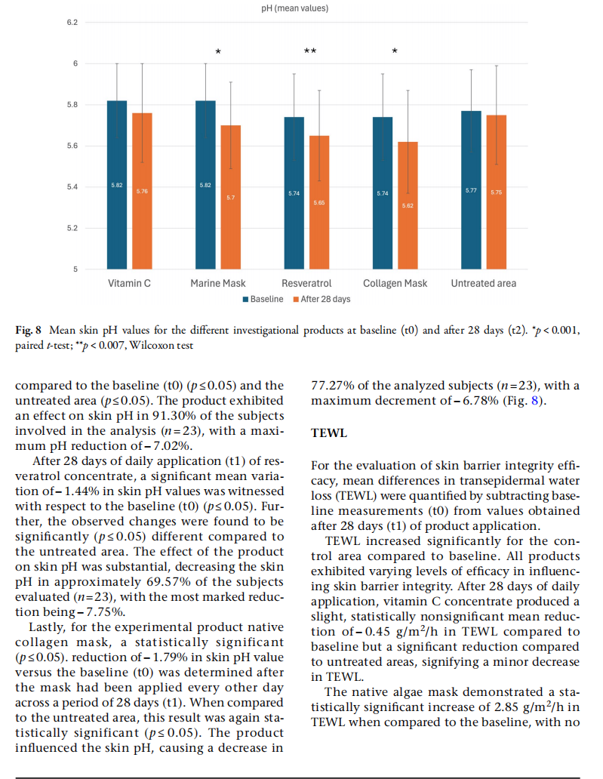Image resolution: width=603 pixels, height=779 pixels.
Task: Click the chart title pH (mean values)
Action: [x=294, y=8]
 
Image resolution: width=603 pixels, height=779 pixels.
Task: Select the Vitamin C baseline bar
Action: [x=117, y=185]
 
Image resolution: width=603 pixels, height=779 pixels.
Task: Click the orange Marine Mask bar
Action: [x=230, y=197]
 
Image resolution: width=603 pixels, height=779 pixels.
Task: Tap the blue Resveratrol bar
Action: [x=294, y=193]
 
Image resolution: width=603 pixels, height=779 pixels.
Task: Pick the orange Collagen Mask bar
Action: [x=408, y=205]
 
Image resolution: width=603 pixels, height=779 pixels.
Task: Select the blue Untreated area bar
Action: [x=472, y=190]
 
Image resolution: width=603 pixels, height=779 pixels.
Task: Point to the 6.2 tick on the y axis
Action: [x=72, y=23]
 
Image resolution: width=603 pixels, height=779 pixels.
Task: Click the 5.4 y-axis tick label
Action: [x=72, y=186]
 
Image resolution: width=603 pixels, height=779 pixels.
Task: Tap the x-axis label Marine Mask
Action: [x=218, y=283]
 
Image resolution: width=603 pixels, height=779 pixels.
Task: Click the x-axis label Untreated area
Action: [x=483, y=283]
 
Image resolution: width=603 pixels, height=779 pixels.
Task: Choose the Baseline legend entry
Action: [x=263, y=299]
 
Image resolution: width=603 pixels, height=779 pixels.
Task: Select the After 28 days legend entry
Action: [x=321, y=299]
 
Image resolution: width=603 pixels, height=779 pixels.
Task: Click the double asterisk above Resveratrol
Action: [x=310, y=51]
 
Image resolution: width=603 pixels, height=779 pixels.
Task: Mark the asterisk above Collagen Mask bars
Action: [x=395, y=51]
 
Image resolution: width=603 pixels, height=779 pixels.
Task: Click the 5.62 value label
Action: [x=408, y=205]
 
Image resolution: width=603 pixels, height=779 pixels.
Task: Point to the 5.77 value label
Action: [x=471, y=190]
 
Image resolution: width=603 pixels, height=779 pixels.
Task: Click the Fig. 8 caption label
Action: [x=29, y=330]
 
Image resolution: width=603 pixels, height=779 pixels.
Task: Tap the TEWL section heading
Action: [x=329, y=433]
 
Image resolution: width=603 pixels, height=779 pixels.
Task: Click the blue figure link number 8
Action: [x=535, y=400]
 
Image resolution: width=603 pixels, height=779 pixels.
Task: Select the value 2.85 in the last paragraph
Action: [x=506, y=707]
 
